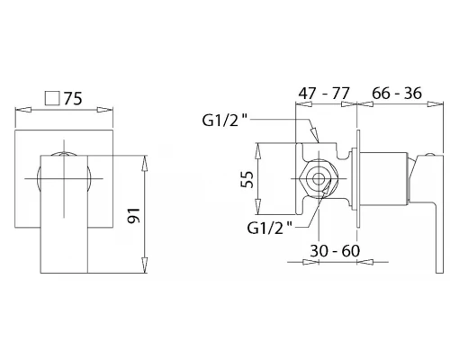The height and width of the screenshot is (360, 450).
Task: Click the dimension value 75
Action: (x=73, y=98)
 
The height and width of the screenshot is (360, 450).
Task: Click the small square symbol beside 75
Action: (x=52, y=98)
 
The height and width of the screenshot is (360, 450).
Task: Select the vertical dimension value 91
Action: (x=134, y=215)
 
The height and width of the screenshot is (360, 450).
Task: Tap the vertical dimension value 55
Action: (x=247, y=179)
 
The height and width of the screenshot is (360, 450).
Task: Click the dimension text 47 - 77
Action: (x=324, y=94)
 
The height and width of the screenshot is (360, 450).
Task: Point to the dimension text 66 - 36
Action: (x=397, y=94)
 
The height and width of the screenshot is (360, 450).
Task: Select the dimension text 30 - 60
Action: (x=335, y=251)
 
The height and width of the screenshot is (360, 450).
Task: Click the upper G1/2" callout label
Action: (x=225, y=121)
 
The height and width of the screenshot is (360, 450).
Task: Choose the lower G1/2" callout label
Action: (x=269, y=229)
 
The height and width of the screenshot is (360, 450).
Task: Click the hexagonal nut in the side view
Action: (x=318, y=179)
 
